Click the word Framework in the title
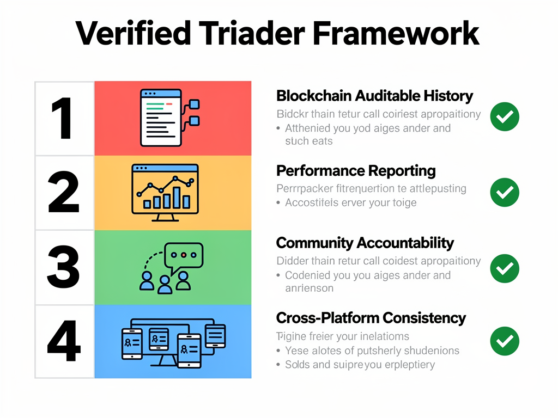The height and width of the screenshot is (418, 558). pos(396,33)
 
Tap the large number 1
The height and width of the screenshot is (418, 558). pos(64,119)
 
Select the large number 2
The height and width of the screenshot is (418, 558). pos(64,193)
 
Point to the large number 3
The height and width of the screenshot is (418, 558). pos(64,268)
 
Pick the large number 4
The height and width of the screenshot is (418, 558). pos(64,341)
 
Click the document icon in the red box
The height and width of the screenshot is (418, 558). pos(161,118)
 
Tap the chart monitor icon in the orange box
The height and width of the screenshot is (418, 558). pos(164,193)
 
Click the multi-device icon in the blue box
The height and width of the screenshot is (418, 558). pos(172,341)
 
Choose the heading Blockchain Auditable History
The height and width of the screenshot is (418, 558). pos(374,96)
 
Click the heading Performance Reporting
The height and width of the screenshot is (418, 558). pos(356,171)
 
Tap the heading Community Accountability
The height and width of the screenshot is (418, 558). pos(365,243)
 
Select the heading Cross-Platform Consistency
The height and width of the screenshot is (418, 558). pos(371,317)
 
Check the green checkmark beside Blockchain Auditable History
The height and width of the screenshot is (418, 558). pos(505,116)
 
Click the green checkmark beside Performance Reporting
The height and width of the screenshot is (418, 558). pos(505,192)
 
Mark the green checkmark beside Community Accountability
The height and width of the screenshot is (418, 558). pos(505,268)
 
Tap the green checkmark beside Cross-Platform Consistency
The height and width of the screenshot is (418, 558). pos(505,341)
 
